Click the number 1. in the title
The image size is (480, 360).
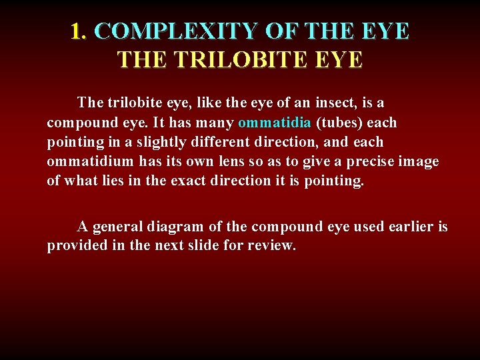[x=79, y=31]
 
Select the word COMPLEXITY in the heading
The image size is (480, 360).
[x=177, y=31]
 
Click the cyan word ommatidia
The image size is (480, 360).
[x=274, y=123]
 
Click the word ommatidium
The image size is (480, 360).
[x=91, y=162]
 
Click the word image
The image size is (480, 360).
[x=419, y=162]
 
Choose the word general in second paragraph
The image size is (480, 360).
[x=119, y=227]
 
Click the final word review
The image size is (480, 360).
[x=275, y=246]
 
